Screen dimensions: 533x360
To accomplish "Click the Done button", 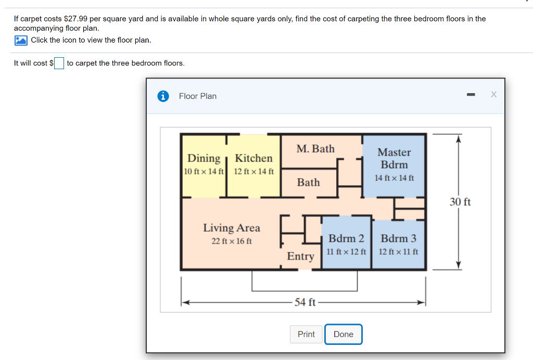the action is tap(344, 334).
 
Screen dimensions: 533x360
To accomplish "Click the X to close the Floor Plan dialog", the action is tap(493, 94).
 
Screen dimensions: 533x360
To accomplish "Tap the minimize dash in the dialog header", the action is tap(471, 94).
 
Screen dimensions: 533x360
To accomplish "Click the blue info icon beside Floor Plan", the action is tap(163, 96).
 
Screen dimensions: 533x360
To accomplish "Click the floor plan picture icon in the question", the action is tap(21, 41).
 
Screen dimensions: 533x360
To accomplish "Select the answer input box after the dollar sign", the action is tap(59, 63).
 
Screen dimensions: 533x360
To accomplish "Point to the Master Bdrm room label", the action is tap(395, 158).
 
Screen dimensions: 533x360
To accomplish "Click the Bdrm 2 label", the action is tap(346, 238).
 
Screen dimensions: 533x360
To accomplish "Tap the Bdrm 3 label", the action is tap(398, 238).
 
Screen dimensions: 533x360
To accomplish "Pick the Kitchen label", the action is tap(253, 158).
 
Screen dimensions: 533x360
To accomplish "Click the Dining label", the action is tap(204, 159).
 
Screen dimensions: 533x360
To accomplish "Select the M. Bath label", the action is tap(315, 149).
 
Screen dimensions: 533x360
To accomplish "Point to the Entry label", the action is tap(300, 256).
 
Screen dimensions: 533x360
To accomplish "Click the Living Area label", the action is tap(232, 228).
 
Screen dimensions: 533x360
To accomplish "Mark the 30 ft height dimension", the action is tap(460, 202).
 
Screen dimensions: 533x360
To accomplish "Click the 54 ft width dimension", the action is tap(305, 302).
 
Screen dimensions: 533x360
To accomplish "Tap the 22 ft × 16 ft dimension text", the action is tap(232, 241).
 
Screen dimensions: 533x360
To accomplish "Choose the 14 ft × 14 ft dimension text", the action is tap(395, 178).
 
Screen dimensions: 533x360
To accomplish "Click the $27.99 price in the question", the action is tap(75, 19).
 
